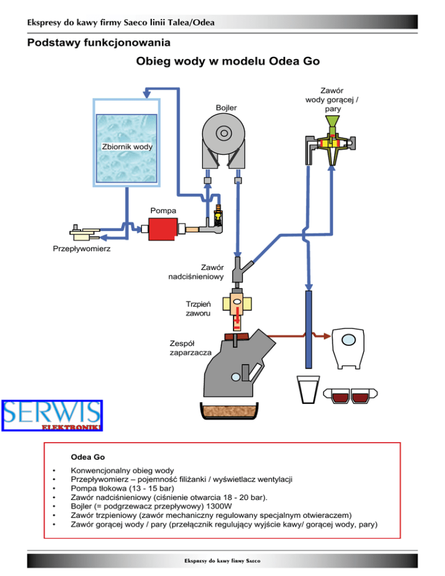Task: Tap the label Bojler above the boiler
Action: (226, 108)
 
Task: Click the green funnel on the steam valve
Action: (331, 123)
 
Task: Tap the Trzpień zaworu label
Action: (198, 308)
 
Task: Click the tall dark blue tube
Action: (309, 328)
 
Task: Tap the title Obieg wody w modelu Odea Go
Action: (228, 61)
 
